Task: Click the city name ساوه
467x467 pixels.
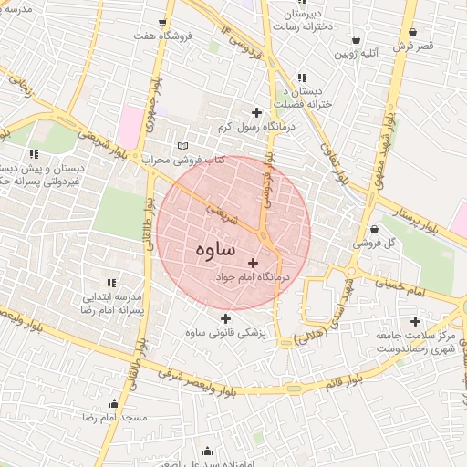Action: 215,249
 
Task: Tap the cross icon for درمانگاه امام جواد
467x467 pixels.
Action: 252,263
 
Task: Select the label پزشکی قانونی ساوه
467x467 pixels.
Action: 224,334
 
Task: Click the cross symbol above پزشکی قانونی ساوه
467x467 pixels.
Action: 225,318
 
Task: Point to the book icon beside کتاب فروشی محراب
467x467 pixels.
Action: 182,146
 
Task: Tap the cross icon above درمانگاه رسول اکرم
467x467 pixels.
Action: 256,113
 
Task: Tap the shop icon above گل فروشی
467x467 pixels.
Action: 377,229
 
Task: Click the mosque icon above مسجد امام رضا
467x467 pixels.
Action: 115,403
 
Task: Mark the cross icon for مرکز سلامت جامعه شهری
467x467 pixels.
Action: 416,321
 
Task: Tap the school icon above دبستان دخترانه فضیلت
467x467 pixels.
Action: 302,78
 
